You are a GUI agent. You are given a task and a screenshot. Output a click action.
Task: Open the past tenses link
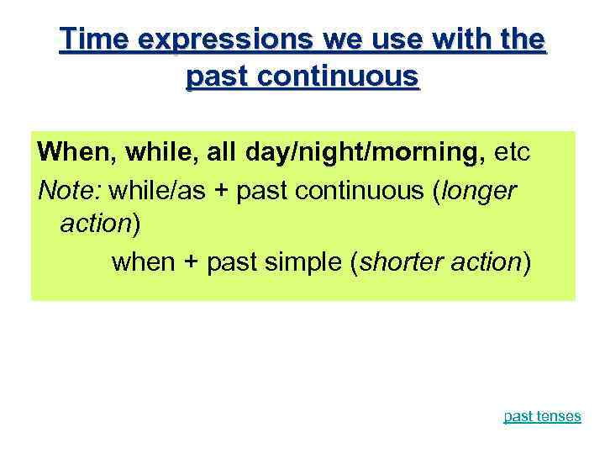pos(541,416)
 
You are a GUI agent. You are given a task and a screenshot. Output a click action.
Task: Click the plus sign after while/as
pos(223,191)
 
